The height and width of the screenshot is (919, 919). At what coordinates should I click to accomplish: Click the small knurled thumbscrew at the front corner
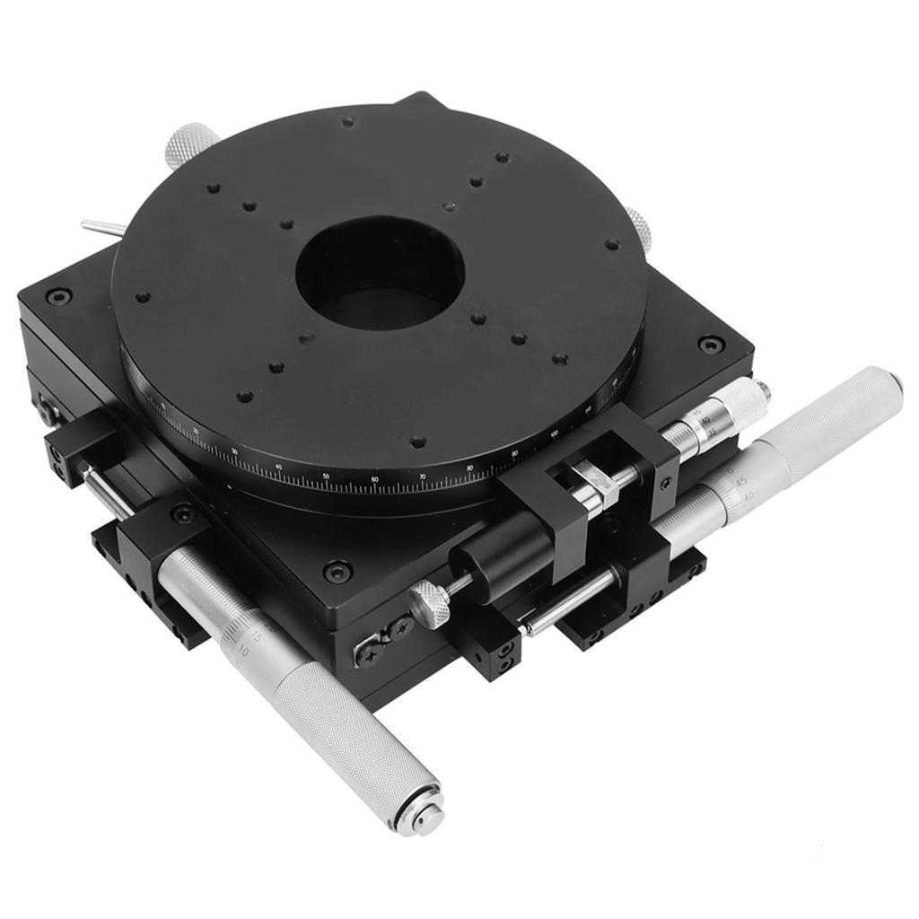(430, 603)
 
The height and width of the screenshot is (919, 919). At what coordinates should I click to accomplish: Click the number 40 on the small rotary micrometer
(707, 421)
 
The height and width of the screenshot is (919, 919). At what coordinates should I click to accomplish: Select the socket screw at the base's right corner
(711, 343)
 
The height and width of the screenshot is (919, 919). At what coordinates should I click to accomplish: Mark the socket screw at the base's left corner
(59, 295)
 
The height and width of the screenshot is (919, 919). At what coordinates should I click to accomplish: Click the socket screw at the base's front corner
(337, 571)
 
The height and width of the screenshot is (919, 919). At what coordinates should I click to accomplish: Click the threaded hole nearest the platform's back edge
(347, 121)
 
